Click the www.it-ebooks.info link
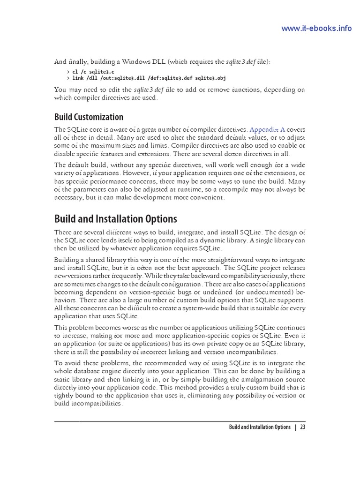click(x=316, y=29)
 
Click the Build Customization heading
click(x=89, y=117)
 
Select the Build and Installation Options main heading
click(x=115, y=218)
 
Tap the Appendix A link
click(x=267, y=129)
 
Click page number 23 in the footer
click(x=303, y=427)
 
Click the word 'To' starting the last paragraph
click(x=58, y=363)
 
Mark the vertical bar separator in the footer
click(x=295, y=427)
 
